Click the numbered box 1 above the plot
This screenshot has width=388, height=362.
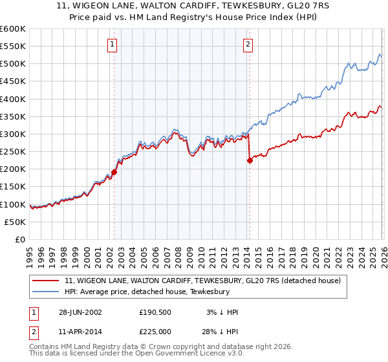(113, 45)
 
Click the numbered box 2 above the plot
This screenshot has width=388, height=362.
(248, 45)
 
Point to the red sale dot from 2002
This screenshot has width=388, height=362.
(114, 172)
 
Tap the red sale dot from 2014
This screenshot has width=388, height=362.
(250, 161)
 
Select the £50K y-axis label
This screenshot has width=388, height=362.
(16, 222)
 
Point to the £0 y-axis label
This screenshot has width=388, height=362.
(21, 239)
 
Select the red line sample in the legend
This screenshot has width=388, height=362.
(47, 281)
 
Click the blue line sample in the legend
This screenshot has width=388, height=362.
(47, 292)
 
